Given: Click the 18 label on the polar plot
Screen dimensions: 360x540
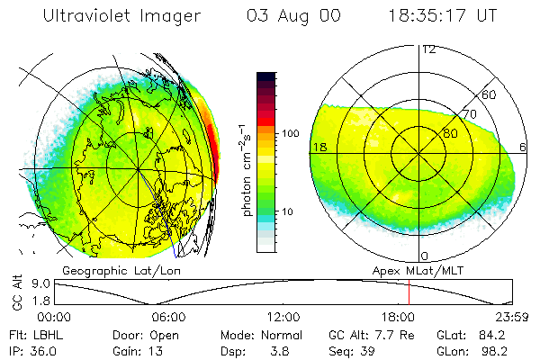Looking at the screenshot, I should (x=319, y=147).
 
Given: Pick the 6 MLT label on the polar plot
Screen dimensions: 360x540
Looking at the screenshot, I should (x=524, y=147).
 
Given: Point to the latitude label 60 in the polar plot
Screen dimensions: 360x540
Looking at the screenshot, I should (x=490, y=94).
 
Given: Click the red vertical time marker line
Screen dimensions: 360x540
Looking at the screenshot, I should (x=409, y=292).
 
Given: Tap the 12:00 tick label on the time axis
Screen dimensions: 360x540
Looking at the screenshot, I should (x=283, y=317).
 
